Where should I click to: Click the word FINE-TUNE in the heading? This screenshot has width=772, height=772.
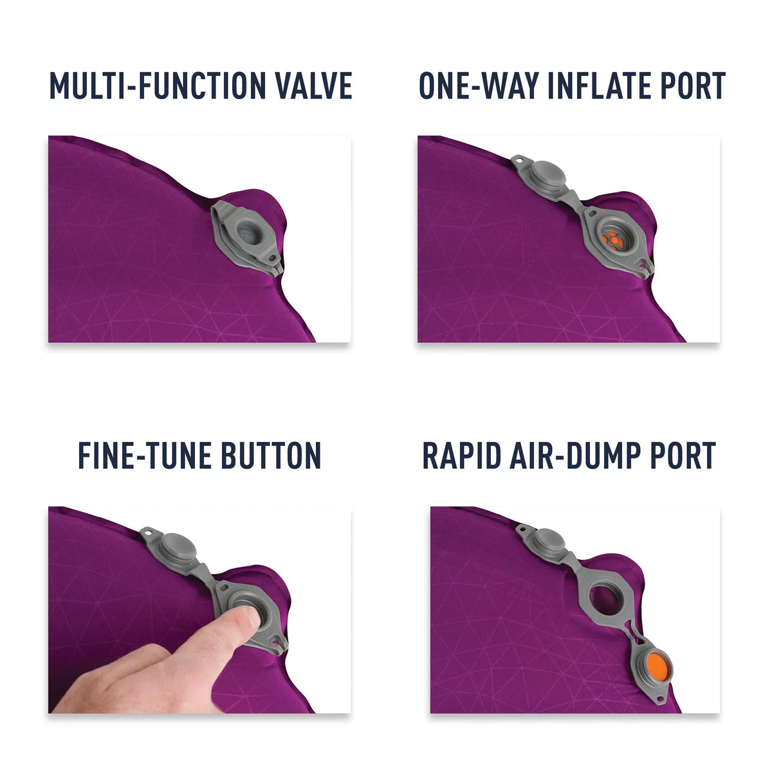coord(144,455)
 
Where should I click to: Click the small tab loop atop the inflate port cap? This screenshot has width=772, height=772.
coord(519,160)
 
